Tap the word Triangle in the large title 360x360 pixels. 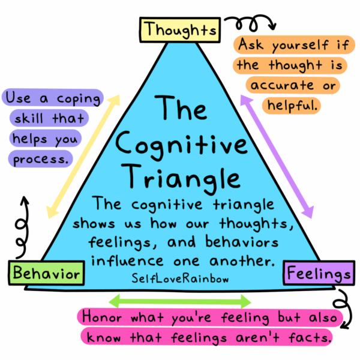click(x=181, y=178)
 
